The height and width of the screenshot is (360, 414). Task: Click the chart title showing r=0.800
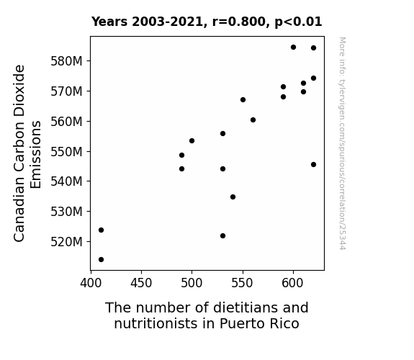point(207,22)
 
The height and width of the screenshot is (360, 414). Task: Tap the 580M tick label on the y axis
point(66,61)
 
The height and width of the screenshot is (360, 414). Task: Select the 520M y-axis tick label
point(66,242)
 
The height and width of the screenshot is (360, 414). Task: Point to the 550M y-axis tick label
point(66,152)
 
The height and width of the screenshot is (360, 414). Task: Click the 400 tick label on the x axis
point(91,283)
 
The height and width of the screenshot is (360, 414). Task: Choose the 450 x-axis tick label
point(141,283)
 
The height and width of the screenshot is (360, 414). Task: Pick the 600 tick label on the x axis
point(293,283)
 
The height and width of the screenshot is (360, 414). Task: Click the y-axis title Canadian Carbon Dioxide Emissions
point(27,153)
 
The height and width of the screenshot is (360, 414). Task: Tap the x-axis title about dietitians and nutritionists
point(207,315)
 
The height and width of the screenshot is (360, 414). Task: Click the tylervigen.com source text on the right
point(342,143)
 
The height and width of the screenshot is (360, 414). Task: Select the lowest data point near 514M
point(101,260)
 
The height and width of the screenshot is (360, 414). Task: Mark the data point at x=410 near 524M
point(101,230)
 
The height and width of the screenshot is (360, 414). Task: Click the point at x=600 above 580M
point(293,48)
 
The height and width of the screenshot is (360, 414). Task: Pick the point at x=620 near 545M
point(313,165)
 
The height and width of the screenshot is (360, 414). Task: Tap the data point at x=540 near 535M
point(233,197)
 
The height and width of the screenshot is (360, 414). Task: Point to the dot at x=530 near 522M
point(223,236)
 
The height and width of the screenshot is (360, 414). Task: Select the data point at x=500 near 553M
point(192,141)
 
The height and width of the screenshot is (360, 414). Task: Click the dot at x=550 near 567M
point(243,100)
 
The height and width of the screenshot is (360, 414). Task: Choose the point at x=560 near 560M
point(253,120)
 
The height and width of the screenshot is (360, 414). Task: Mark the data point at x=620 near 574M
point(313,78)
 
